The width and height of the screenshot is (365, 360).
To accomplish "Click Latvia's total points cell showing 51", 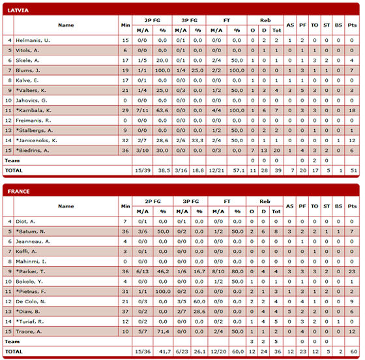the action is tap(353, 170).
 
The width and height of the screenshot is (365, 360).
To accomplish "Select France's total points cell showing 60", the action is tap(353, 352).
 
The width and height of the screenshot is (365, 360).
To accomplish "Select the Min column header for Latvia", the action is tap(125, 25).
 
